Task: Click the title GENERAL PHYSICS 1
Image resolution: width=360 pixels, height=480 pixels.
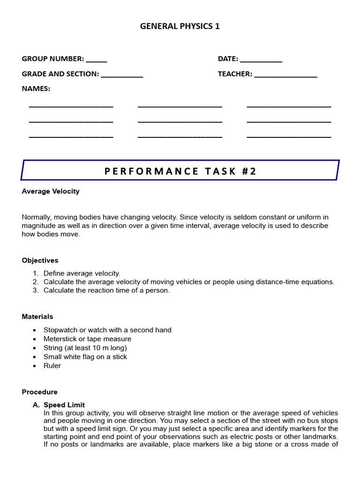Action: point(180,26)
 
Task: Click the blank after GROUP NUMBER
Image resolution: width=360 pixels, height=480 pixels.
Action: point(97,60)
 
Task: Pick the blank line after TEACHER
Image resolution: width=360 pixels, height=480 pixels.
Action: point(285,75)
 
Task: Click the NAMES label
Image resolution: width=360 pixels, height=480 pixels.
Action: point(36,89)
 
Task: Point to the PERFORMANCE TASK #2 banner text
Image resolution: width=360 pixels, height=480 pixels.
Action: point(180,171)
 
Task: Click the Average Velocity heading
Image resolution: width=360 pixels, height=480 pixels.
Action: point(51,191)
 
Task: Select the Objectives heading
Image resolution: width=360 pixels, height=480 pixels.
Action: point(40,260)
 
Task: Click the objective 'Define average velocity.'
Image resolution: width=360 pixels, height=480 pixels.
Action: point(82,273)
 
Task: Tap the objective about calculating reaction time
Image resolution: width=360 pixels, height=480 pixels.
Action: point(106,290)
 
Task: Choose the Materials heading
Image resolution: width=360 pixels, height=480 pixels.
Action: point(37,317)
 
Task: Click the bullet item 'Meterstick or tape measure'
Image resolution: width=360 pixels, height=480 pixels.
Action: point(87,339)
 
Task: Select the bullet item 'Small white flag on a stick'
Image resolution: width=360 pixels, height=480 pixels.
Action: point(85,357)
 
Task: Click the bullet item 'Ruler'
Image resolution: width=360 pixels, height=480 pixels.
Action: point(52,366)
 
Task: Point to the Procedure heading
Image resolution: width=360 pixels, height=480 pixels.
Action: point(39,392)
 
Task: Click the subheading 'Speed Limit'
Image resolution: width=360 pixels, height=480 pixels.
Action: point(64,405)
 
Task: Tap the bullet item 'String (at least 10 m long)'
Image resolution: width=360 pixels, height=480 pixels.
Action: point(85,348)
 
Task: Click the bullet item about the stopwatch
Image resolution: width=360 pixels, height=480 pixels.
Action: point(107,330)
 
